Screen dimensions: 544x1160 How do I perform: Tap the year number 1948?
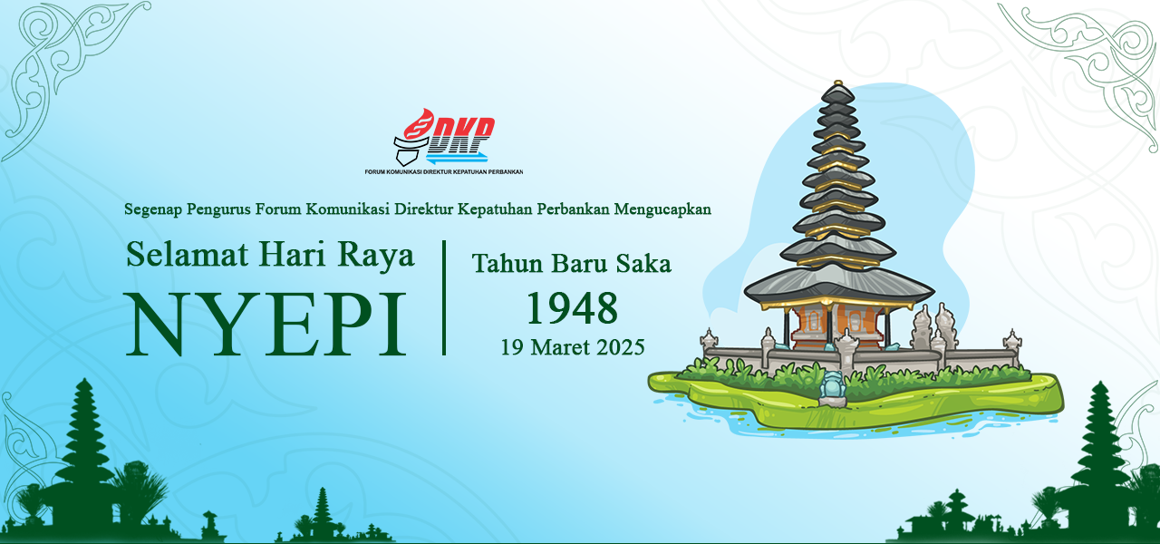[x=573, y=308]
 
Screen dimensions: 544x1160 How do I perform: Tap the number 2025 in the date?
[x=621, y=347]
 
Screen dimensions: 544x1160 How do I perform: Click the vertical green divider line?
[x=444, y=297]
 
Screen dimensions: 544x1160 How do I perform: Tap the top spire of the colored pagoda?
[x=837, y=88]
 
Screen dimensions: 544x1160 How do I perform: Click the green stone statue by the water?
[x=831, y=388]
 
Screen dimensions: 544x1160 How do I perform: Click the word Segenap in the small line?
[x=152, y=209]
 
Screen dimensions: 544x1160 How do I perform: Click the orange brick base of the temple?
[x=836, y=322]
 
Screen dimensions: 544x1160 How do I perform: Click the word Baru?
[x=579, y=264]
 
